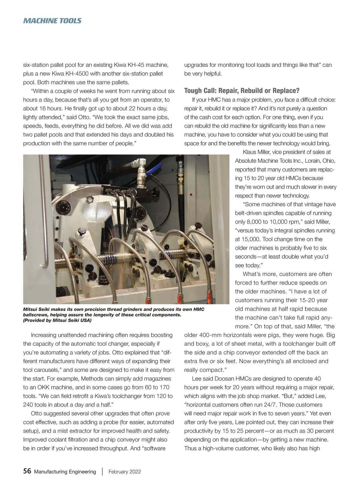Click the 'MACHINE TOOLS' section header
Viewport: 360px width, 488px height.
(52, 21)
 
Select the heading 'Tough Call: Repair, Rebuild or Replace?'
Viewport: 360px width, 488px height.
(241, 91)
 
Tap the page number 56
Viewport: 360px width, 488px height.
(27, 471)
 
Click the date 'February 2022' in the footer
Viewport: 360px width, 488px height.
(124, 471)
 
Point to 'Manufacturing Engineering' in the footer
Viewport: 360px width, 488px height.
(65, 471)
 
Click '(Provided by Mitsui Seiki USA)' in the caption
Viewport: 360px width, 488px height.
(57, 320)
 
